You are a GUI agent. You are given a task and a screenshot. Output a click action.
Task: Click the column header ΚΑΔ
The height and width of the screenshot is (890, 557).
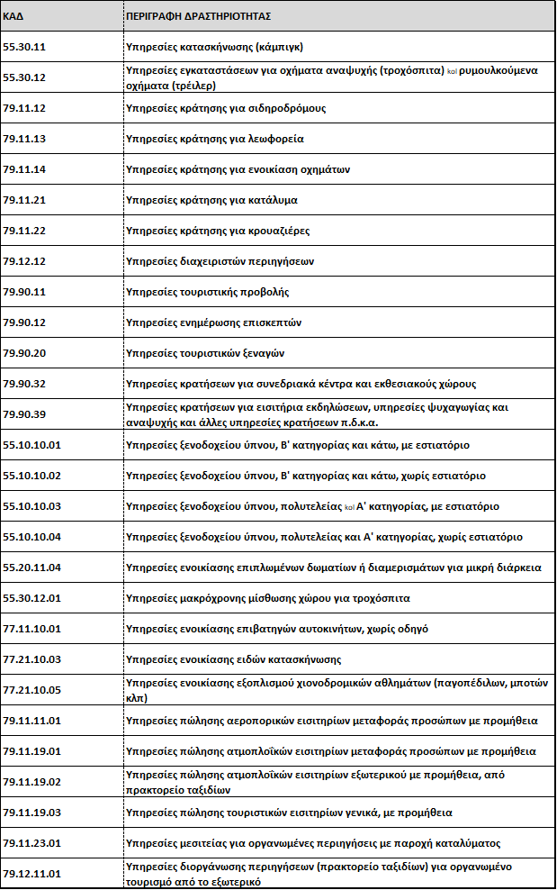(13, 16)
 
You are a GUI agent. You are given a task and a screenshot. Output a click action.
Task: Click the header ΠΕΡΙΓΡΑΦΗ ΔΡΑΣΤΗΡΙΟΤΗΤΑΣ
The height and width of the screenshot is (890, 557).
(199, 16)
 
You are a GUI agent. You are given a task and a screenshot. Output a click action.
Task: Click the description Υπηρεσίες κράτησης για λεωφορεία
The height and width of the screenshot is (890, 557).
(214, 139)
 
